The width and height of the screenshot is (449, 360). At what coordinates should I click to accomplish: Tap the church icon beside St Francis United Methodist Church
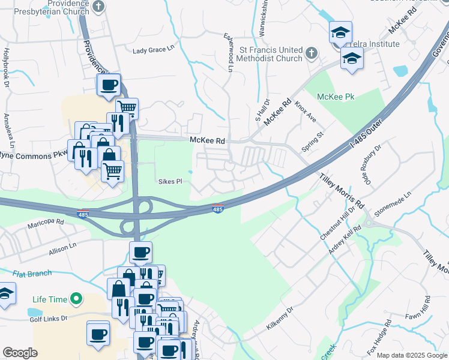(311, 53)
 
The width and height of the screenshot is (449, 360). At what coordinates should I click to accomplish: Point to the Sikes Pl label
(170, 181)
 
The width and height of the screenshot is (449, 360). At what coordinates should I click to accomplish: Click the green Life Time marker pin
(76, 298)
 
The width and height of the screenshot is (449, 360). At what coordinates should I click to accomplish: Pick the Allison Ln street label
(63, 247)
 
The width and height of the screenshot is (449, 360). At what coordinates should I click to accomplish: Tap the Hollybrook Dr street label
(7, 61)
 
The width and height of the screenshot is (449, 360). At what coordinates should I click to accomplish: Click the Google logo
(20, 353)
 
